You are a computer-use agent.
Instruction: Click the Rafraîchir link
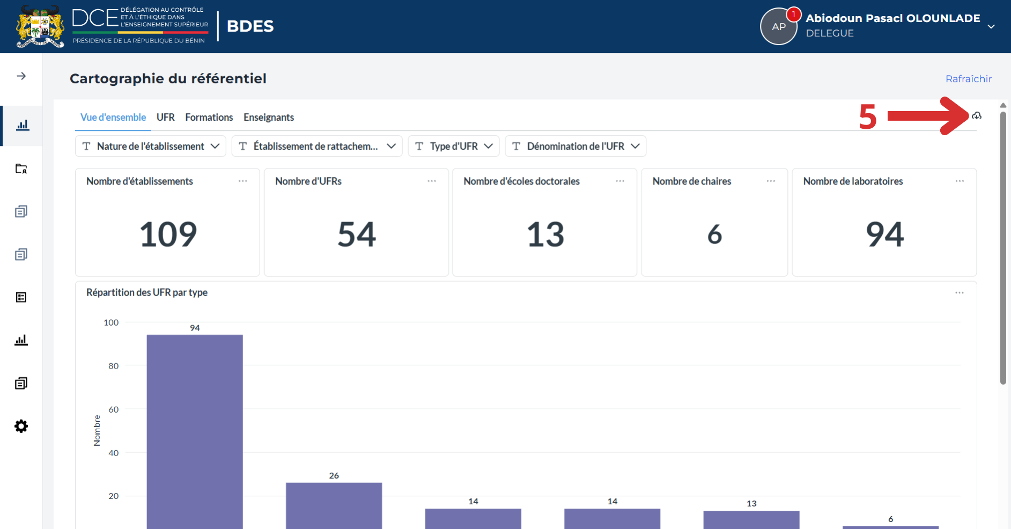969,79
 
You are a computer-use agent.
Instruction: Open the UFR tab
166,117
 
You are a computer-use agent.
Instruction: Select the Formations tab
209,117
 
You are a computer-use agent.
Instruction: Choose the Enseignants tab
269,117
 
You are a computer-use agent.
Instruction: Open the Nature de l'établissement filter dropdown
151,146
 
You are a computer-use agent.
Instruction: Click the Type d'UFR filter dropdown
454,146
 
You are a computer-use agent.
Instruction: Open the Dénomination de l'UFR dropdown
575,146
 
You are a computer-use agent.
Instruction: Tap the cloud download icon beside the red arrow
977,116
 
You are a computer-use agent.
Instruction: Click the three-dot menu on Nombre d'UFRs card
432,181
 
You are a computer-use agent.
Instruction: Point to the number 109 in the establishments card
168,234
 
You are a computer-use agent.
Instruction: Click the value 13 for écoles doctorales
545,234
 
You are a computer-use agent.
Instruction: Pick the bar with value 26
334,505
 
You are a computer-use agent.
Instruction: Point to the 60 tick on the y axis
114,409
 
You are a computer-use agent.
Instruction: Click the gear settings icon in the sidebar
21,427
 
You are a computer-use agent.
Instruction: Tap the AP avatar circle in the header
779,27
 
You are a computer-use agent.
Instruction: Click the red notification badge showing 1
794,14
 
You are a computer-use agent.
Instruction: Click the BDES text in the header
250,26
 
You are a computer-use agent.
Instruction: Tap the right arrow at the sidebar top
21,76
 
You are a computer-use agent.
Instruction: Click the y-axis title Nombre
97,430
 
